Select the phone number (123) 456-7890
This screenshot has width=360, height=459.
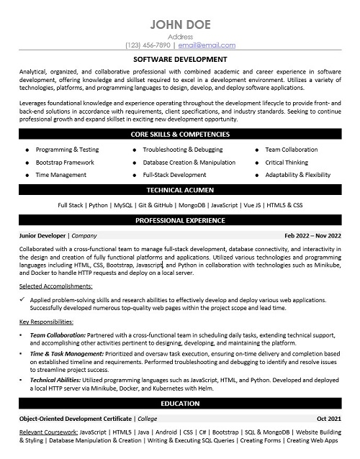149,45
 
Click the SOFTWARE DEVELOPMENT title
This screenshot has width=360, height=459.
180,59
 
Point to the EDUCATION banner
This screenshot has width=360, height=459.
180,404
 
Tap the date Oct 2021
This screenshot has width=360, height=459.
329,419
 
